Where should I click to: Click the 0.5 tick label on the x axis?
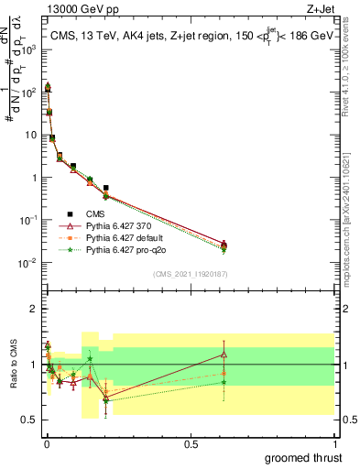(x=190, y=443)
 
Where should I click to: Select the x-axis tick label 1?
(x=333, y=443)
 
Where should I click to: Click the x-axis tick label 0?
(x=46, y=443)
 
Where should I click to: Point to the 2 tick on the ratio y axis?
(x=33, y=309)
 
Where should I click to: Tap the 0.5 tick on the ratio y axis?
(x=29, y=420)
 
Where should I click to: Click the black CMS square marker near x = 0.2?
(x=106, y=188)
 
